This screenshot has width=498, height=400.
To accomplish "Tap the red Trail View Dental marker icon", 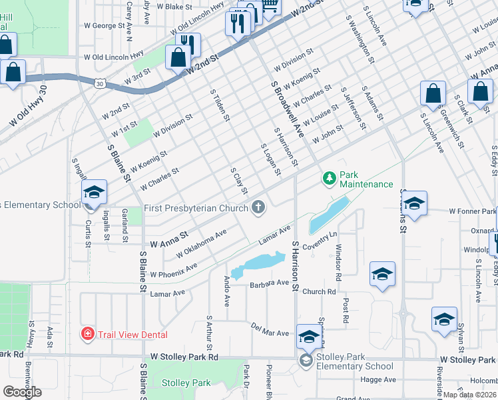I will [87, 333].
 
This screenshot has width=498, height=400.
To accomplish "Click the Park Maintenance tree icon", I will [328, 179].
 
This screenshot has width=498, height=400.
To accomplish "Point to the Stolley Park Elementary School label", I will [355, 366].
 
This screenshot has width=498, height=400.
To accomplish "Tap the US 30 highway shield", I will [99, 83].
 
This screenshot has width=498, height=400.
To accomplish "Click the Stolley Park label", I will [186, 383].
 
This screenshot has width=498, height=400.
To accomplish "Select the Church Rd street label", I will [318, 291].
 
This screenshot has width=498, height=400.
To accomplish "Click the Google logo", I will [23, 392].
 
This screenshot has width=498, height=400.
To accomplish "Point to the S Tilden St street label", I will [220, 105].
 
